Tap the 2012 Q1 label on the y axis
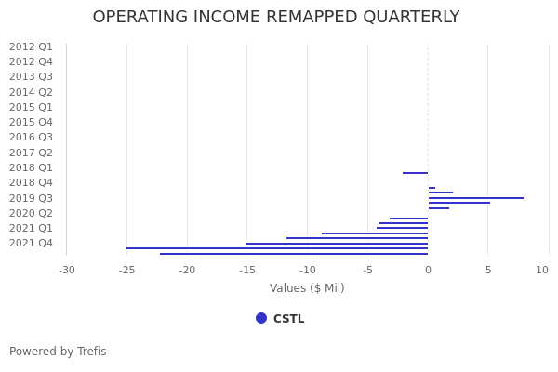click(x=31, y=46)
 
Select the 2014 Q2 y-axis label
click(x=31, y=92)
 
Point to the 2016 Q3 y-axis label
click(x=31, y=138)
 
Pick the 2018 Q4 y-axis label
click(x=31, y=183)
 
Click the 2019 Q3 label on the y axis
click(x=31, y=198)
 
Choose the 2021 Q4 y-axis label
click(x=31, y=244)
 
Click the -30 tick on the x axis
click(x=67, y=271)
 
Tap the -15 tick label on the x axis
click(x=246, y=271)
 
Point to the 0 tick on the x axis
click(x=428, y=271)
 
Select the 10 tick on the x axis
click(x=542, y=271)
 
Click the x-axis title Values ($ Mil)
click(x=307, y=288)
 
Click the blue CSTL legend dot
click(x=261, y=318)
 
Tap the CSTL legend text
click(x=288, y=319)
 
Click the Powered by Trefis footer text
click(x=58, y=352)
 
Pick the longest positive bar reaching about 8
click(x=476, y=198)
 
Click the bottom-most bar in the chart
click(x=294, y=254)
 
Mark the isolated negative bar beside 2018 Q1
click(x=415, y=173)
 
